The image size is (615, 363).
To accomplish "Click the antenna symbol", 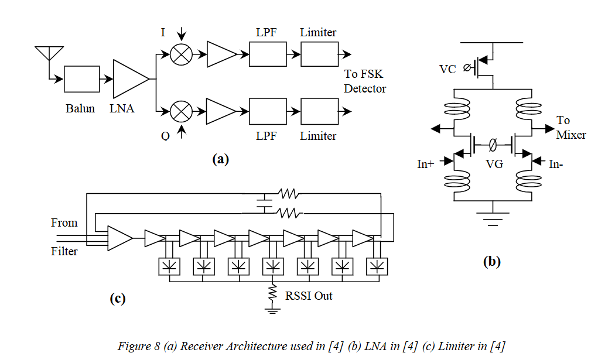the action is tap(49, 53).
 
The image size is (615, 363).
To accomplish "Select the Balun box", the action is tap(81, 79).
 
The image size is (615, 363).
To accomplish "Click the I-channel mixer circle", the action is tap(181, 54).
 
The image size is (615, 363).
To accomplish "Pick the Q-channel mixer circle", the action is tap(181, 112).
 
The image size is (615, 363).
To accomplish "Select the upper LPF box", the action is tap(268, 54).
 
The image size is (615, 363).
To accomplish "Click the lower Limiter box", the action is tap(319, 111).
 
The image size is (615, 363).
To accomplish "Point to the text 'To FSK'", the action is tap(363, 74).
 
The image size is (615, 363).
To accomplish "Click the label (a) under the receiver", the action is tap(220, 159).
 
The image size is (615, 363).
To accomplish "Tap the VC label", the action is tap(447, 70).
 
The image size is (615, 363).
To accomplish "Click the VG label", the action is tap(494, 164).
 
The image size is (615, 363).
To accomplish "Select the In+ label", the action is tap(426, 164).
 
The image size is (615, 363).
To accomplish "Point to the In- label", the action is tap(556, 164).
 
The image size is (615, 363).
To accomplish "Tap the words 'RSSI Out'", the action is tap(309, 296).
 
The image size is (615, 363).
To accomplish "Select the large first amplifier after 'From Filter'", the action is tap(120, 238).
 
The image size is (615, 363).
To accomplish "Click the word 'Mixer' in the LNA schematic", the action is tap(571, 135).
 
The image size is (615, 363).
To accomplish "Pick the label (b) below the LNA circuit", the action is tap(492, 262).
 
